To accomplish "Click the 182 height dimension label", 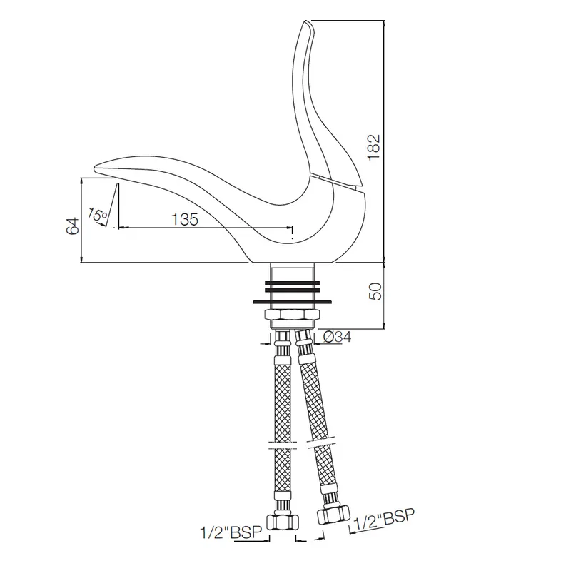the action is (374, 147).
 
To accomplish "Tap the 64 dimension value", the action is (73, 226).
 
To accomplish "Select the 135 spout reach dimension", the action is (185, 219).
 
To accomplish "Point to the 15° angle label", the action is (97, 215).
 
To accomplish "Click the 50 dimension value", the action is (375, 291).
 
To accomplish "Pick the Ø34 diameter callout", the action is (337, 337).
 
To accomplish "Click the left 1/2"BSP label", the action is (231, 532).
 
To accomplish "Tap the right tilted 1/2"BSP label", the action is (384, 520).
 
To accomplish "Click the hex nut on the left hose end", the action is (283, 522).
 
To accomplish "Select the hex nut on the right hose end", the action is (333, 515).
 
